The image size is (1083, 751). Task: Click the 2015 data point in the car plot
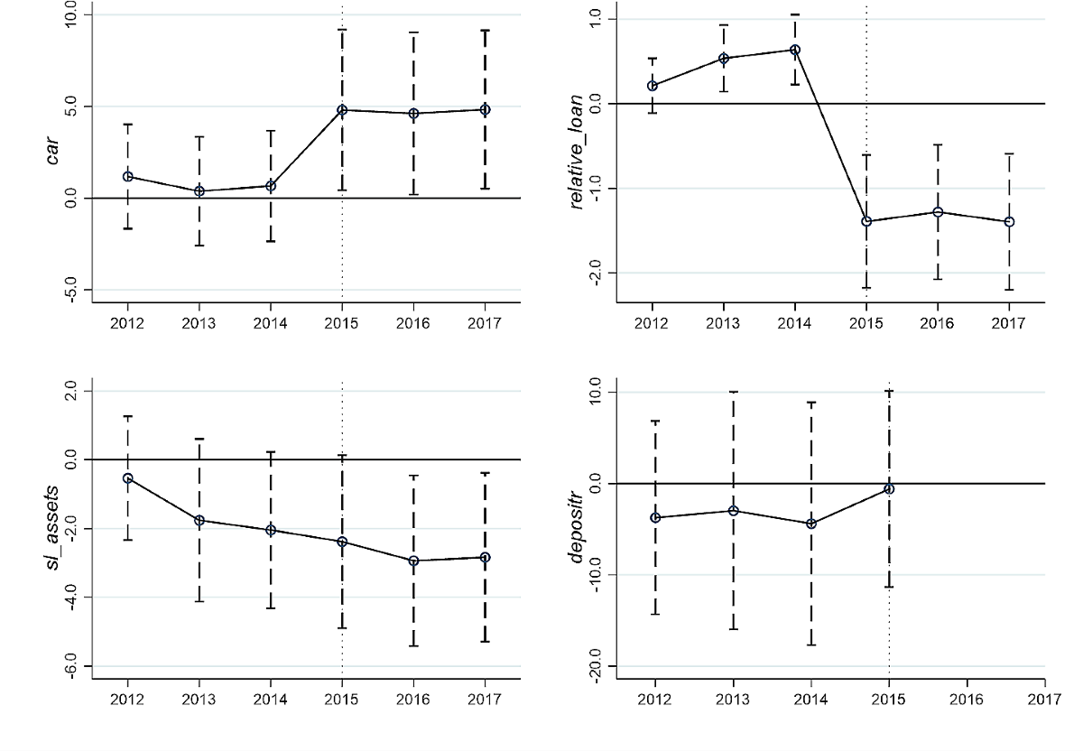coord(342,110)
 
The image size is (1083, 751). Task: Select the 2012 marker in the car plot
coord(128,177)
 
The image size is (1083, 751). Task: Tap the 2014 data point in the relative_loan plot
coord(795,50)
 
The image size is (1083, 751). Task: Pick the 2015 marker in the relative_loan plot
coord(866,221)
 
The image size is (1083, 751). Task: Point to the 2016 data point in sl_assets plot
coord(414,561)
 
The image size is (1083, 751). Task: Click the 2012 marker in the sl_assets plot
coord(128,478)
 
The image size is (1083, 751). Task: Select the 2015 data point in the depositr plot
coord(889,488)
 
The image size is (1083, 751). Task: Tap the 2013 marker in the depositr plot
coord(734,511)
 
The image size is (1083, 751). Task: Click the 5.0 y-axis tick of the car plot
coord(70,107)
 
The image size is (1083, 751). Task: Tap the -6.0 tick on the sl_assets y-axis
coord(70,666)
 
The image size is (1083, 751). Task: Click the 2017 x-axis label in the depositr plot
coord(1044,700)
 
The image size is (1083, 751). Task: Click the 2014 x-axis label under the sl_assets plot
coord(271,700)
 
